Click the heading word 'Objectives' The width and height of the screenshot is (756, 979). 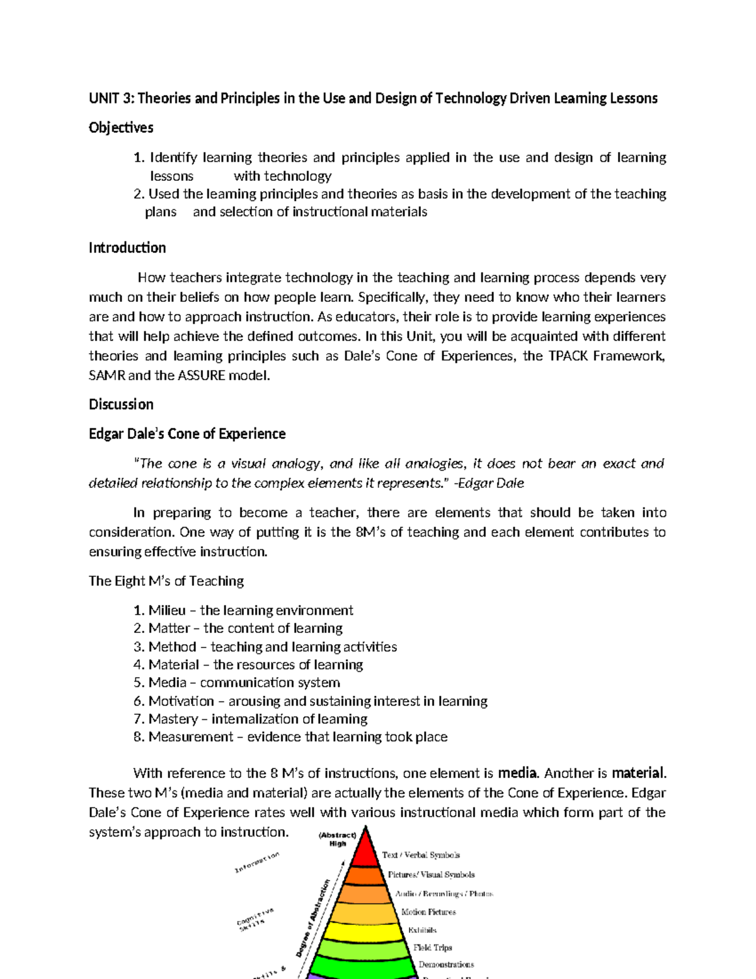[121, 127]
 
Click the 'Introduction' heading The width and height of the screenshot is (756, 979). [127, 248]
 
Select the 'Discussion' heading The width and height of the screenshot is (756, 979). [121, 404]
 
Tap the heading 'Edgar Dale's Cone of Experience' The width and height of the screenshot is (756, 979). [187, 434]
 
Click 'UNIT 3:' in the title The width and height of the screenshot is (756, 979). [112, 98]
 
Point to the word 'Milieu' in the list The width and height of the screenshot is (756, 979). [167, 610]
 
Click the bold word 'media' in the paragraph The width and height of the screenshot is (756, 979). [517, 773]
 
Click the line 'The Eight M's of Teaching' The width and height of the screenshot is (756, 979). [166, 581]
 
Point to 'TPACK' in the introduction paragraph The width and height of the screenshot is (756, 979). [570, 356]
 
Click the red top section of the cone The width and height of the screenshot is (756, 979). [364, 852]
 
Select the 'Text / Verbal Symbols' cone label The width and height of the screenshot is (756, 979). [421, 855]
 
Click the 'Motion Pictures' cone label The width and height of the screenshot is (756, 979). [428, 912]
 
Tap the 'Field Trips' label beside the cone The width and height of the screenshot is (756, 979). [432, 947]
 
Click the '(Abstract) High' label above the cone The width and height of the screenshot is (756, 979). [338, 839]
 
